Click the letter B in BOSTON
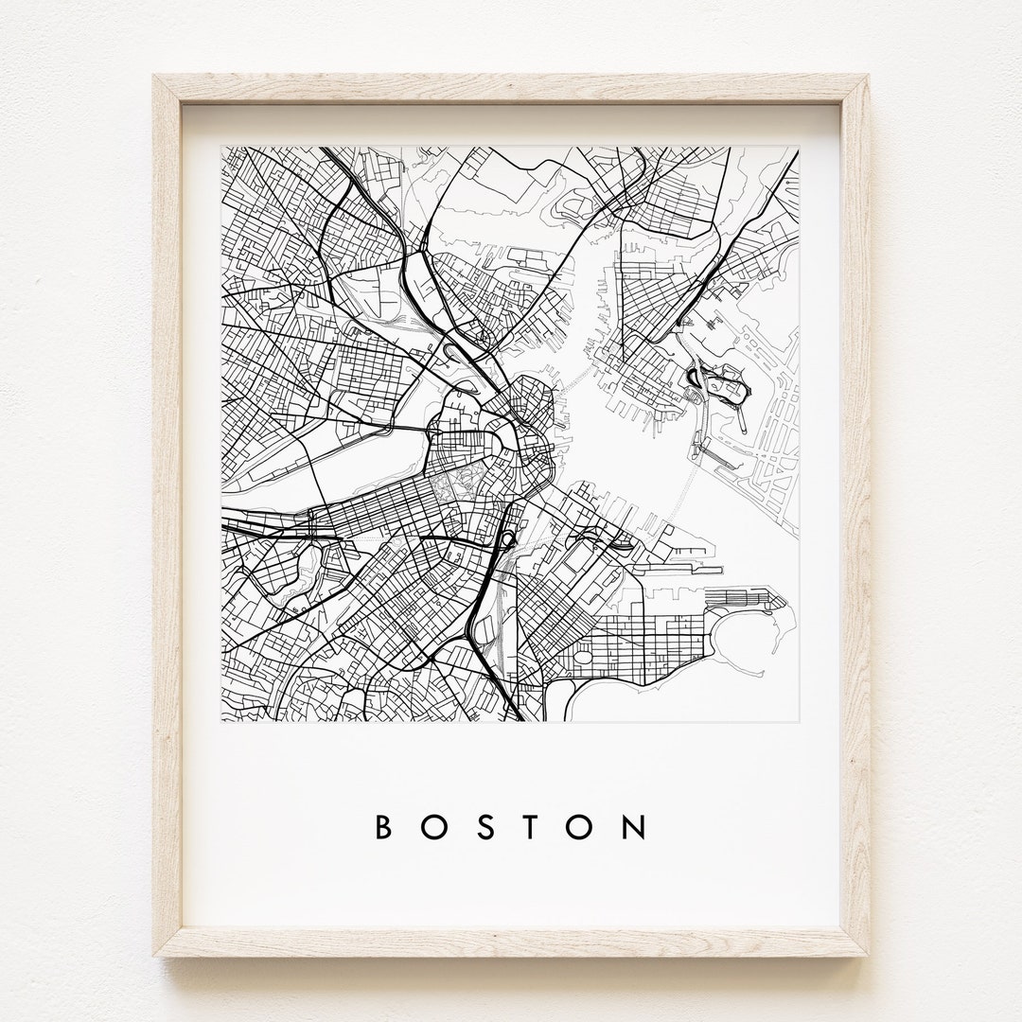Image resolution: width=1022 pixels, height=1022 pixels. coord(384,827)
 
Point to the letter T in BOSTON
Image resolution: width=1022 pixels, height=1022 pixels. coord(535,827)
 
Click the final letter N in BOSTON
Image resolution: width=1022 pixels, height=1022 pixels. coord(637,827)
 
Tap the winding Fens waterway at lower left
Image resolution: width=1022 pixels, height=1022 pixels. coord(284,577)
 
